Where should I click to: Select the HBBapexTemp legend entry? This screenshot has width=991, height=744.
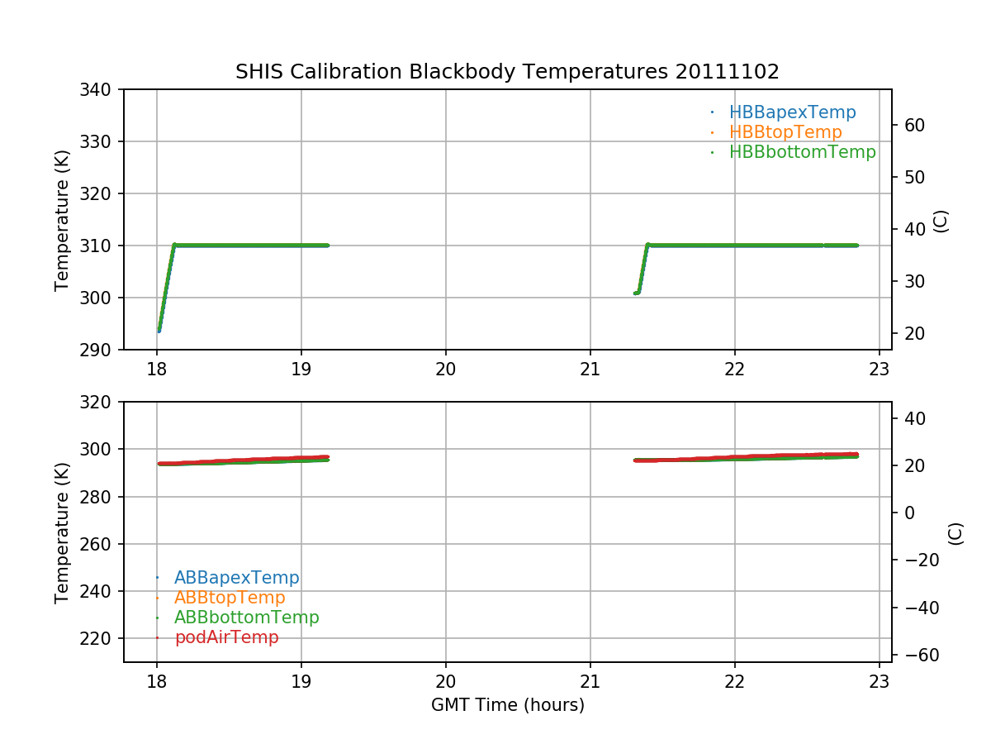(x=792, y=112)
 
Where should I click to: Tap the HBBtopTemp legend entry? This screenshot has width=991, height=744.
(x=785, y=132)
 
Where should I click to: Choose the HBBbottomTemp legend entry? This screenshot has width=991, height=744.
(x=802, y=152)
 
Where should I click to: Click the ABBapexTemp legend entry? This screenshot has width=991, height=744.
(x=236, y=578)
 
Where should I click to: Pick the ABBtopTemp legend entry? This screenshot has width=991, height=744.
(x=230, y=598)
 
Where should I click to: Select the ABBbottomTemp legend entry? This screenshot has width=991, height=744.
(x=246, y=618)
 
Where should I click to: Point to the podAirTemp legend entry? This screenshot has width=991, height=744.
(x=226, y=637)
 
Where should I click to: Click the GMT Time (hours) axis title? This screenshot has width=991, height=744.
(x=507, y=705)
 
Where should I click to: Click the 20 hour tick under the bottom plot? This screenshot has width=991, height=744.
(x=446, y=682)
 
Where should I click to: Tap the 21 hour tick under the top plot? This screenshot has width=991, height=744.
(x=590, y=370)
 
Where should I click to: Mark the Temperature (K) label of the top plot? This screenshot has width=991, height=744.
(x=62, y=219)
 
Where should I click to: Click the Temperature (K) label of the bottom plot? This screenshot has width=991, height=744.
(x=62, y=532)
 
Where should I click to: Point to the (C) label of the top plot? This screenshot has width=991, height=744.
(x=940, y=221)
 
